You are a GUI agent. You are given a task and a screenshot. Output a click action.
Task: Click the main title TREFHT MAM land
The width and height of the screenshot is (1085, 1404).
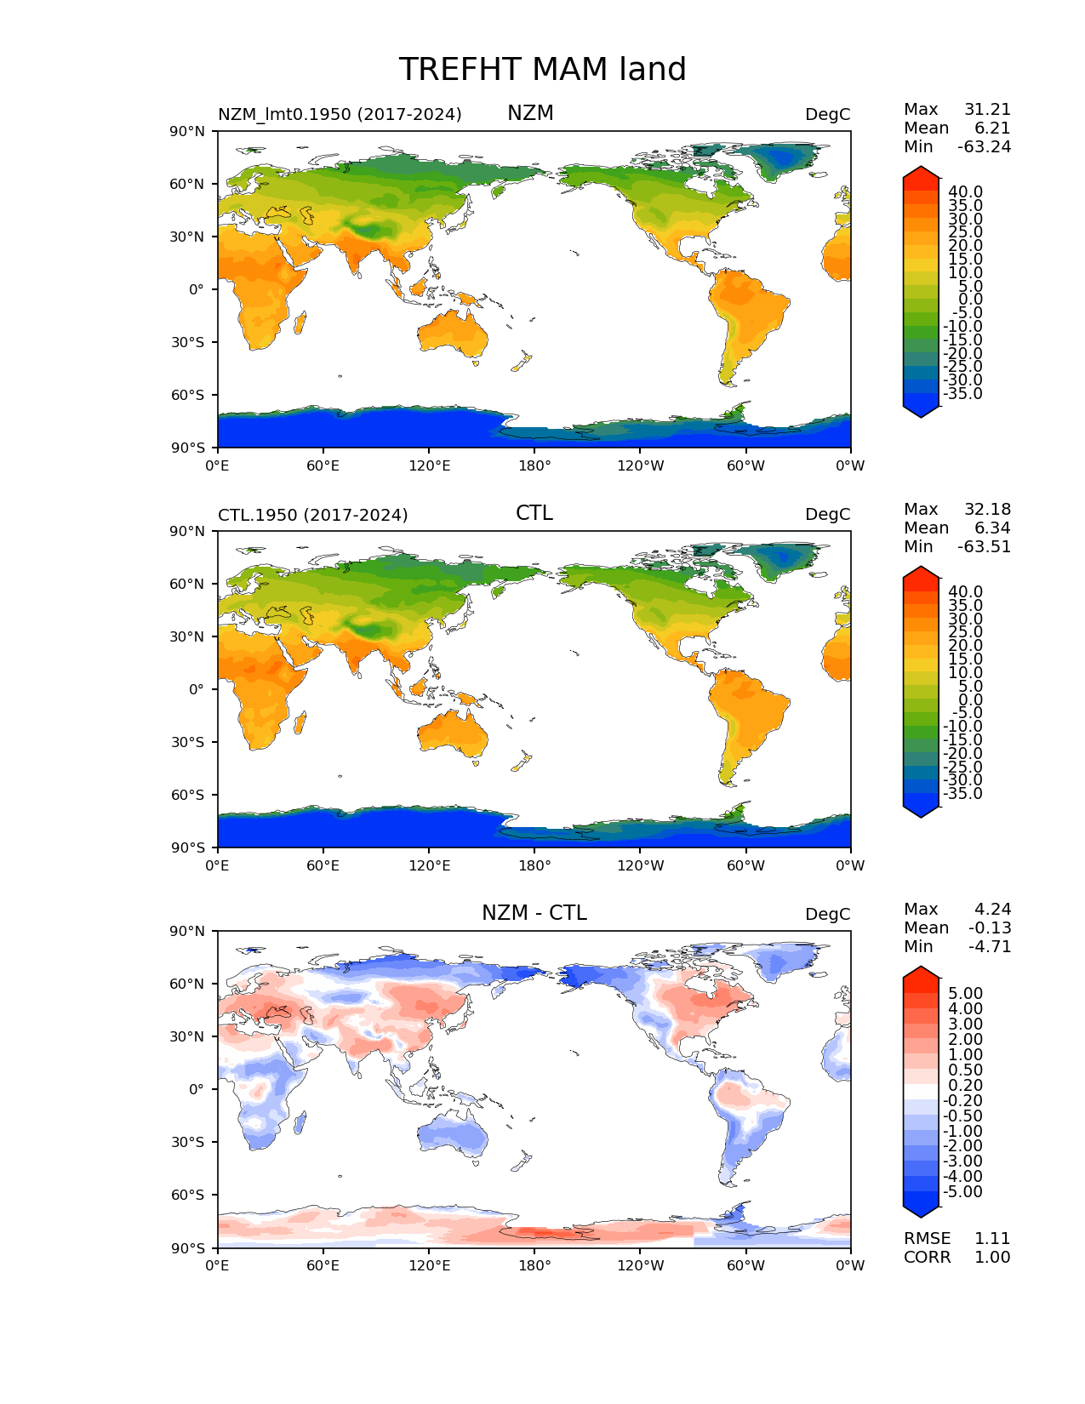542,70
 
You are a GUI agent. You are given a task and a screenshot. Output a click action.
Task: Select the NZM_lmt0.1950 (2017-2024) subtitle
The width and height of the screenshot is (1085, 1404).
340,114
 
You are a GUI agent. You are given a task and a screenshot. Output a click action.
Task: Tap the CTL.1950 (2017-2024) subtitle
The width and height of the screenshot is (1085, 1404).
312,515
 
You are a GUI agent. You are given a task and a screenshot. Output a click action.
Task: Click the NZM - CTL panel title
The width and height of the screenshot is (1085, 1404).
534,913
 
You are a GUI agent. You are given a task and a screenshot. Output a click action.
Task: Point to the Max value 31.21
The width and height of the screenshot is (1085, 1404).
987,110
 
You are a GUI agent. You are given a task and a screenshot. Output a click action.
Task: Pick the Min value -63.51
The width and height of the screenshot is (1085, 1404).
984,547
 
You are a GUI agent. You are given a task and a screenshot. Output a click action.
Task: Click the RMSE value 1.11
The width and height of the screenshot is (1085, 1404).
992,1239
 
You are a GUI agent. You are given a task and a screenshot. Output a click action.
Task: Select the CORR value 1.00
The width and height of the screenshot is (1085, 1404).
992,1258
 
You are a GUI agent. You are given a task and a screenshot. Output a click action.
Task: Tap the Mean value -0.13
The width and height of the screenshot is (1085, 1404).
990,928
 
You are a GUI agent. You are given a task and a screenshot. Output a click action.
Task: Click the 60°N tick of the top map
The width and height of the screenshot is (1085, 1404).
191,184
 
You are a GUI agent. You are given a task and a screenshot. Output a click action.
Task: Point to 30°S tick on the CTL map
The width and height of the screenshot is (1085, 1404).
191,742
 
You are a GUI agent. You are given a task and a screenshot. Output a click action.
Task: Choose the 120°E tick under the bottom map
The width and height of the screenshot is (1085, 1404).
429,1266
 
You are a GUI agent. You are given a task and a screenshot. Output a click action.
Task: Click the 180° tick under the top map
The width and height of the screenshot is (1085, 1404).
534,465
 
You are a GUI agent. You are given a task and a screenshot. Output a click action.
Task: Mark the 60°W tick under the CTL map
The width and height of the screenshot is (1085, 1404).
745,866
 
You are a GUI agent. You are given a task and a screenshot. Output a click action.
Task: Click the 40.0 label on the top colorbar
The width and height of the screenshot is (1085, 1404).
965,191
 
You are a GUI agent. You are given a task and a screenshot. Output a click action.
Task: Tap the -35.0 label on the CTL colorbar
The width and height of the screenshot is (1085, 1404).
962,794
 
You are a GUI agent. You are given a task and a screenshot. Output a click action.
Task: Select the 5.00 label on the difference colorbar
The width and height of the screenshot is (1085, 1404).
965,994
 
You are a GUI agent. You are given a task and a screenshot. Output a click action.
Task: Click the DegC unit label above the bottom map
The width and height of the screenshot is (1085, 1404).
827,915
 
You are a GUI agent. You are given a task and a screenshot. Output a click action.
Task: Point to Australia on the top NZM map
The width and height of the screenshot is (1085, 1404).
453,333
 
